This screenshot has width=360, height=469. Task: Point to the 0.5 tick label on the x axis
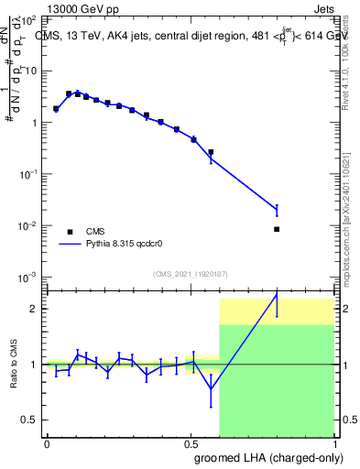click(191, 443)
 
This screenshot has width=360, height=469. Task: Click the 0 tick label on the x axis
click(47, 443)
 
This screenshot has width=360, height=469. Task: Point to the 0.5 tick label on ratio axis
click(29, 420)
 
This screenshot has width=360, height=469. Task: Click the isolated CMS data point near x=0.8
click(277, 229)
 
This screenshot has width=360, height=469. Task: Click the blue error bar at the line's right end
click(277, 211)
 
